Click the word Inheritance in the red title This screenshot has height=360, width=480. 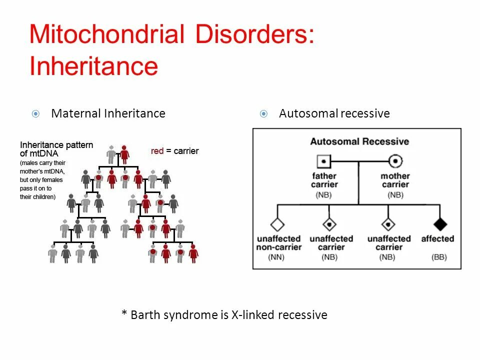pyautogui.click(x=93, y=65)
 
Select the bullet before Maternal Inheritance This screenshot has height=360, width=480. pyautogui.click(x=35, y=114)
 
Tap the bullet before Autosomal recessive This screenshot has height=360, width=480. pyautogui.click(x=263, y=114)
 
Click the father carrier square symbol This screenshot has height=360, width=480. pyautogui.click(x=324, y=161)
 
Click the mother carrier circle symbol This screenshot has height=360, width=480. pyautogui.click(x=395, y=161)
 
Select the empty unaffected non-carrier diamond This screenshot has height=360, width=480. pyautogui.click(x=277, y=224)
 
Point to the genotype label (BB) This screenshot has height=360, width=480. pyautogui.click(x=439, y=257)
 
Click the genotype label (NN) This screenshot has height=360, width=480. pyautogui.click(x=278, y=257)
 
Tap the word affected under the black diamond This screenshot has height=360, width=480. pyautogui.click(x=437, y=239)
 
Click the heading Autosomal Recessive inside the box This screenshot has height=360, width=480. pyautogui.click(x=359, y=141)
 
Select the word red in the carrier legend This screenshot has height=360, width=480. pyautogui.click(x=157, y=151)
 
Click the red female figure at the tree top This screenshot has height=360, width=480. pyautogui.click(x=124, y=154)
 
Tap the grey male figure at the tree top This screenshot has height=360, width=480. pyautogui.click(x=111, y=154)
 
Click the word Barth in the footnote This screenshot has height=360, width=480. pyautogui.click(x=147, y=315)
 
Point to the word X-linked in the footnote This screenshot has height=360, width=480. pyautogui.click(x=253, y=315)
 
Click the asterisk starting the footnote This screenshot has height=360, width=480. pyautogui.click(x=124, y=314)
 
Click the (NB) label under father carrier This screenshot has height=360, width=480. pyautogui.click(x=324, y=194)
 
